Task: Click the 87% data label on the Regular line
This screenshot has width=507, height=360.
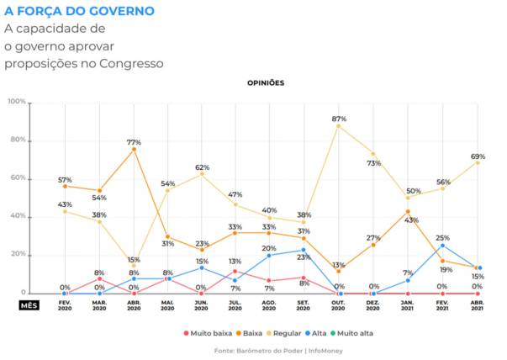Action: [x=340, y=119]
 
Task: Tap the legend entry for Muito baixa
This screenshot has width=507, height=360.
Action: [x=211, y=333]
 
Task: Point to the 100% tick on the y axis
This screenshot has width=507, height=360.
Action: [x=16, y=102]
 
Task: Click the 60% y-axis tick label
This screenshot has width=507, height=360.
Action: [x=17, y=178]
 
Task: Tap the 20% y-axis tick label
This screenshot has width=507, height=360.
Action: [x=17, y=255]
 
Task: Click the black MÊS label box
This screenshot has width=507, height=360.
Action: [x=29, y=304]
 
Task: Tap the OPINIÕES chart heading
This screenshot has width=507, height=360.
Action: [x=266, y=83]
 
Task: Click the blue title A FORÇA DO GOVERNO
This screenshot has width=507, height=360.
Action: [x=79, y=11]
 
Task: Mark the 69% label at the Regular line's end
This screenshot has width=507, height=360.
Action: [x=478, y=156]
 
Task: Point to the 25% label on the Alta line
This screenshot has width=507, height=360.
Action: [x=442, y=238]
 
